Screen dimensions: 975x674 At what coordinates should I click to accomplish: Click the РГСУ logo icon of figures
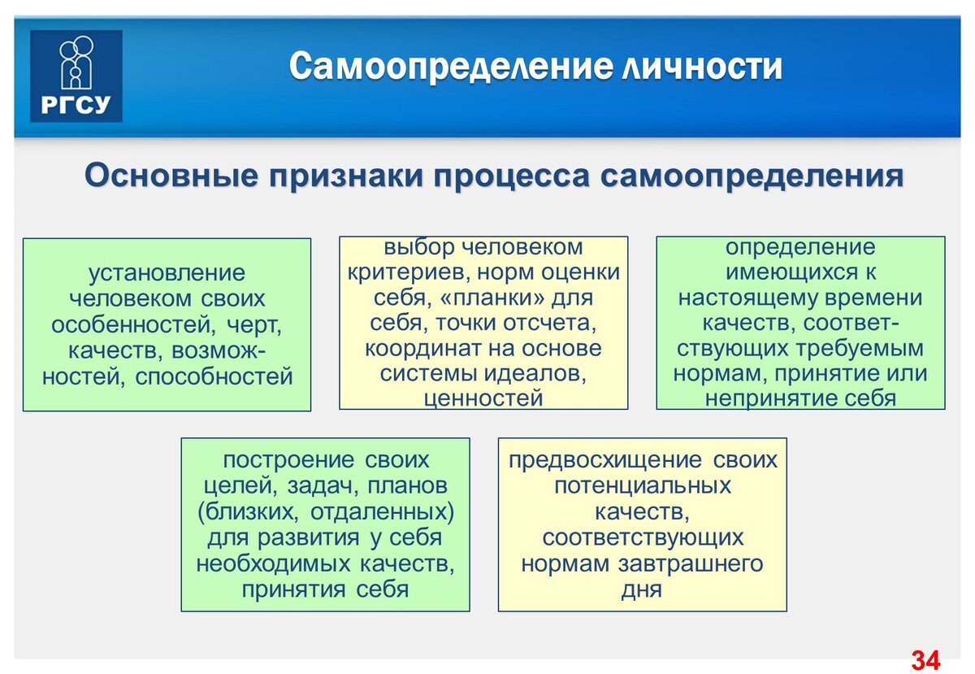(x=76, y=62)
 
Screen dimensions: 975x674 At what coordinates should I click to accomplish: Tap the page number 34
(x=925, y=659)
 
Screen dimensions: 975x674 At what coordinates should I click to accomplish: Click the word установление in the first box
(x=167, y=273)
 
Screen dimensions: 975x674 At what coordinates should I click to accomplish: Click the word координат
(x=427, y=348)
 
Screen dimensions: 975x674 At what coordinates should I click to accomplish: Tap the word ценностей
(x=483, y=398)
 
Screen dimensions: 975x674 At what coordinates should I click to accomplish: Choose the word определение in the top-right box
(x=800, y=247)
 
